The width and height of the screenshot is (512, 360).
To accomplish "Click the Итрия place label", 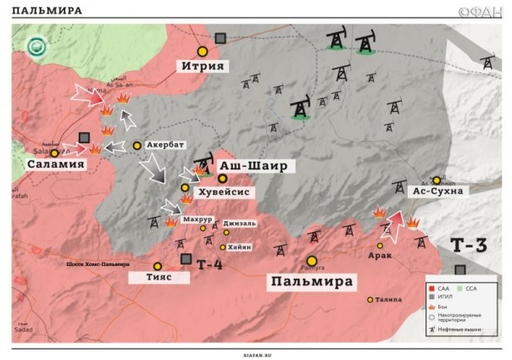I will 203,66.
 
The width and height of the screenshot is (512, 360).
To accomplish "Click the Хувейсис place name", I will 223,192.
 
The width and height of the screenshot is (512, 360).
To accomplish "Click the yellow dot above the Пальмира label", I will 312,261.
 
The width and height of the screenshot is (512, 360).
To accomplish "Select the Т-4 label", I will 209,265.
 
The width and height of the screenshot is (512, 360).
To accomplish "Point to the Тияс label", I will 157,277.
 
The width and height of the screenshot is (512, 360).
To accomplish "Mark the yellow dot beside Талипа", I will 370,299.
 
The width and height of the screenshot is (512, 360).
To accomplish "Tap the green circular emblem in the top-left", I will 36,47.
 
